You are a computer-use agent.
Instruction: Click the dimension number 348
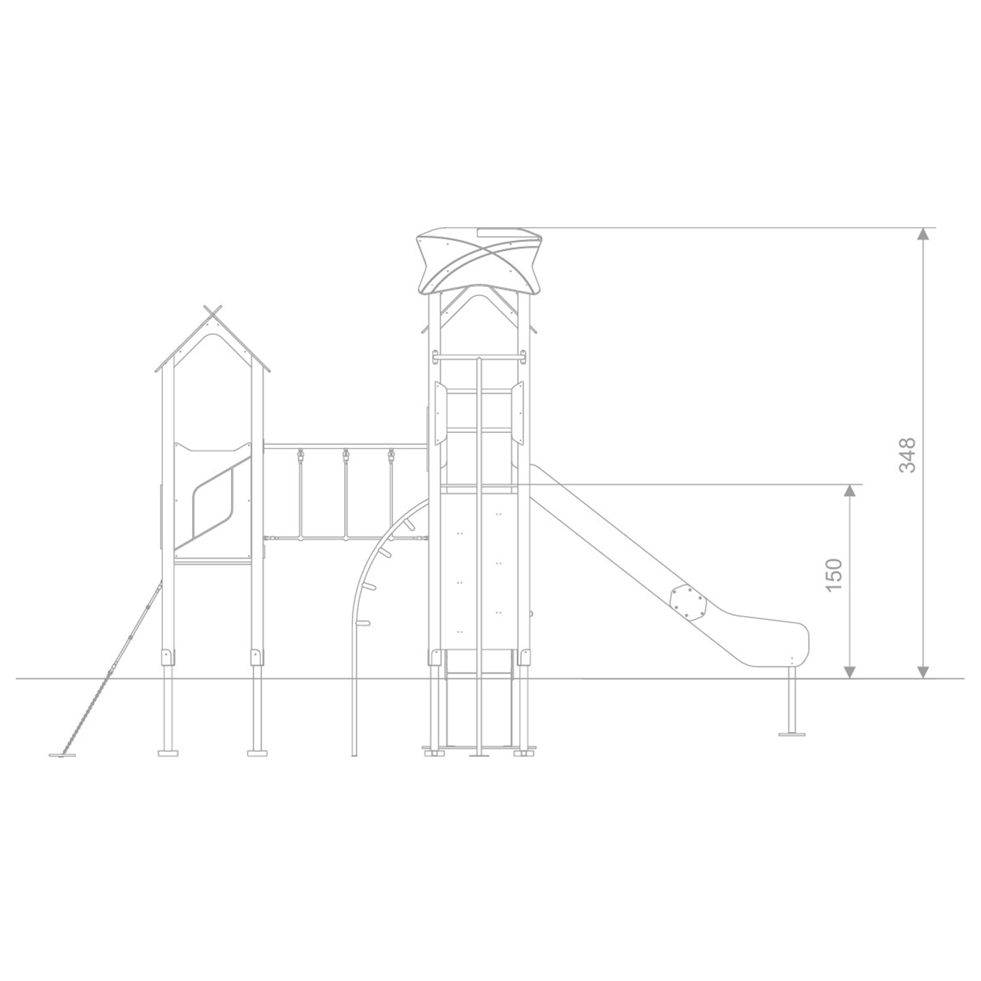coord(907,455)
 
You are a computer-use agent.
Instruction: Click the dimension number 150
coord(834,576)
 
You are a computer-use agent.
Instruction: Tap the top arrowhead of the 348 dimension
coord(923,235)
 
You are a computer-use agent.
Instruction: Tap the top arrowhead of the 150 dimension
coord(850,492)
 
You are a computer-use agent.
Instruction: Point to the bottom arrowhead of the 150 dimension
coord(850,671)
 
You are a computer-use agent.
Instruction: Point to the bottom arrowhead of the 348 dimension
coord(923,671)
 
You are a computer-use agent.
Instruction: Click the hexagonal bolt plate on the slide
coord(687,602)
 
